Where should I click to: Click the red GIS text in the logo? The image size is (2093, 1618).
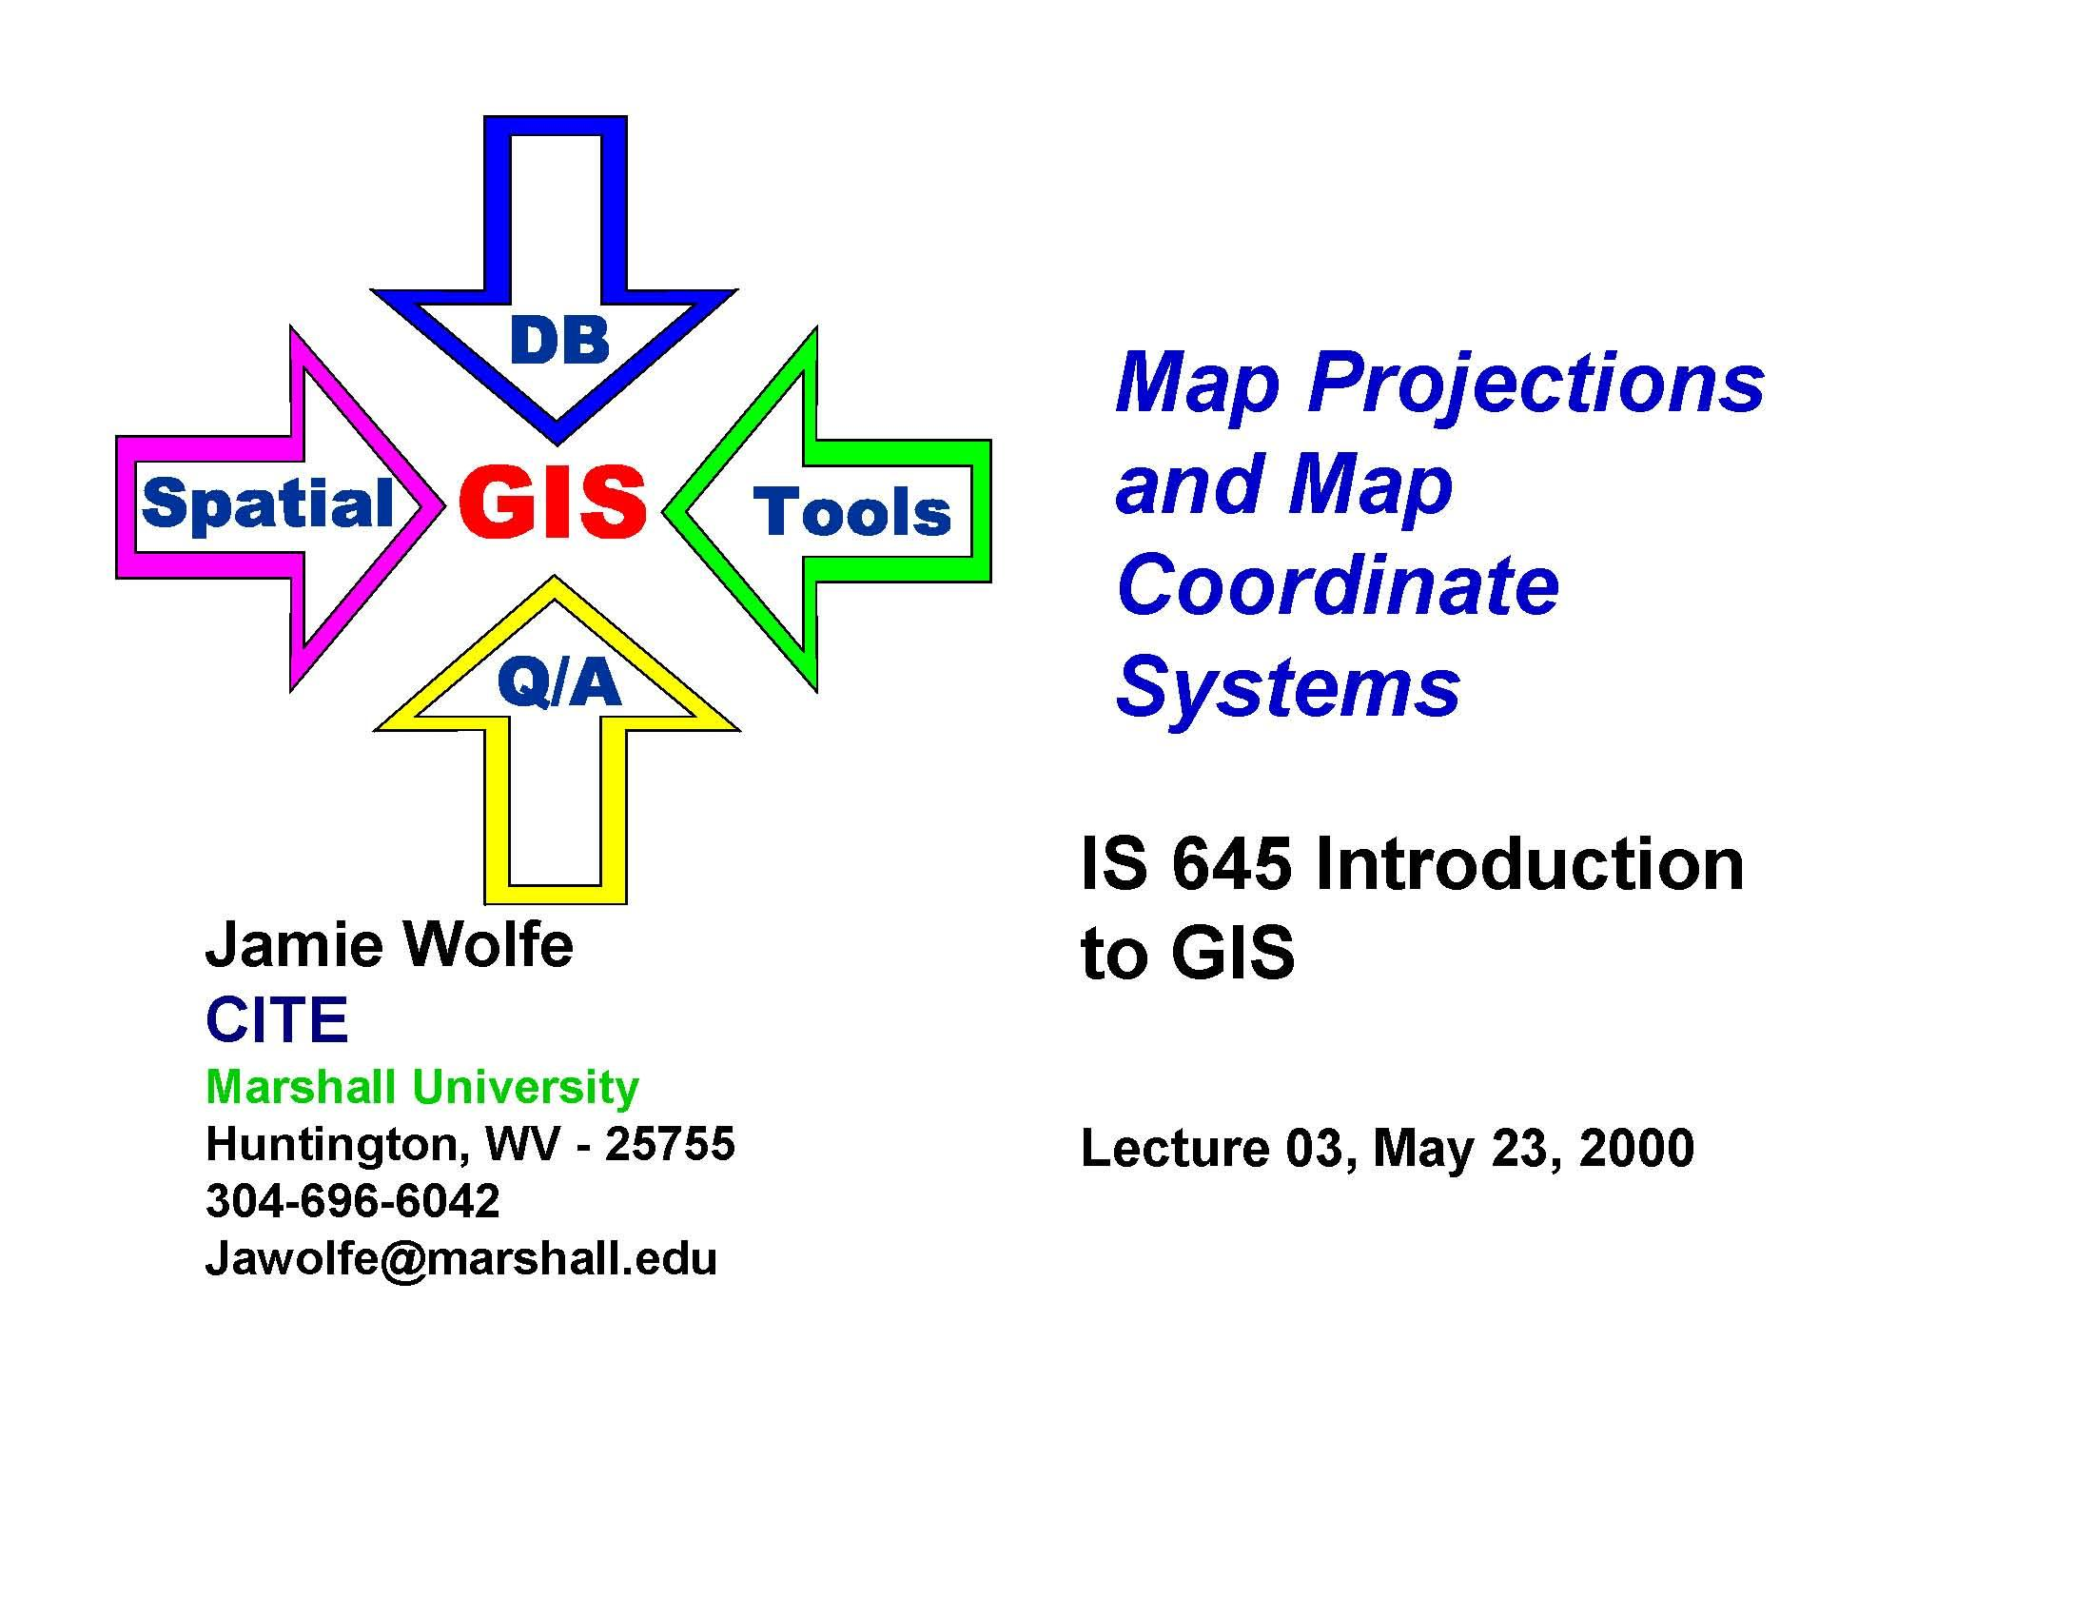click(x=553, y=503)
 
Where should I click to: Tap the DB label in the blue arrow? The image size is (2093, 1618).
click(x=559, y=341)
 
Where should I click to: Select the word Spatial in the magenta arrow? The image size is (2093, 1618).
click(x=267, y=504)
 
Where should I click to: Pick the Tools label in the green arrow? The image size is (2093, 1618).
click(x=852, y=512)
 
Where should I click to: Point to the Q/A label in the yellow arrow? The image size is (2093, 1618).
click(x=558, y=684)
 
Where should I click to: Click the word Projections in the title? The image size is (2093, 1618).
click(x=1536, y=385)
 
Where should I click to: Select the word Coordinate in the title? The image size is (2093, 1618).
click(x=1338, y=585)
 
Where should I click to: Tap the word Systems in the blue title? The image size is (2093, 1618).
click(x=1288, y=687)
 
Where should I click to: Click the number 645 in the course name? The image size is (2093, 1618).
click(x=1231, y=864)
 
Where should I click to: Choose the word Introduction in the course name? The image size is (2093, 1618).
click(x=1530, y=864)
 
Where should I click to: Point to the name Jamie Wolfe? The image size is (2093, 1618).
click(x=389, y=945)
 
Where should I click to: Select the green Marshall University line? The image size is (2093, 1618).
click(x=422, y=1087)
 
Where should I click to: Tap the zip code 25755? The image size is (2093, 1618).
click(x=670, y=1143)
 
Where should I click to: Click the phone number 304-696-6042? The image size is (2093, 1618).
click(x=353, y=1201)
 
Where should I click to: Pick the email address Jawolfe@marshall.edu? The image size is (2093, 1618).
click(x=461, y=1258)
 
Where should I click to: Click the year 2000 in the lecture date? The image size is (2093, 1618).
click(x=1637, y=1149)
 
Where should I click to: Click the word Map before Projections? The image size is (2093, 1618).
click(x=1198, y=385)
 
